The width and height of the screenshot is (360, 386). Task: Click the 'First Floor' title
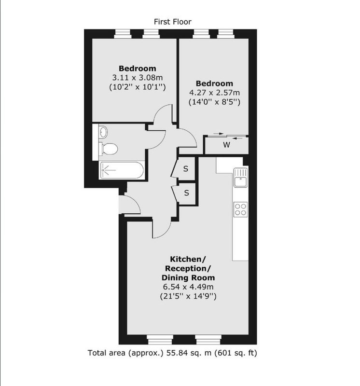[x=172, y=22]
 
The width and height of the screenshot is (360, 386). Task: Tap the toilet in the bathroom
[x=108, y=149]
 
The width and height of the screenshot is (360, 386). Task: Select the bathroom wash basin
[x=103, y=132]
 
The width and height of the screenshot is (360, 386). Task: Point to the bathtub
[x=122, y=170]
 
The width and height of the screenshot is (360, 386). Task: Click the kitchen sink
[x=241, y=178]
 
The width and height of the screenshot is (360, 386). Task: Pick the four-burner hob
[x=241, y=209]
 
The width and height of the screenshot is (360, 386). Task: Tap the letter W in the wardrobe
[x=226, y=145]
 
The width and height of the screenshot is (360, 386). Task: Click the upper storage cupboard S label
[x=186, y=169]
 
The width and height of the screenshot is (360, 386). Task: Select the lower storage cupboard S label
[x=186, y=193]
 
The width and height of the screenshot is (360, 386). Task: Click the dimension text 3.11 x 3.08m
[x=138, y=78]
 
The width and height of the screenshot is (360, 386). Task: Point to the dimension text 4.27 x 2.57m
[x=214, y=93]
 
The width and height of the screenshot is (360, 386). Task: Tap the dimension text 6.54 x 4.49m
[x=188, y=287]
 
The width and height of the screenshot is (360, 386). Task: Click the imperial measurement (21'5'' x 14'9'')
[x=188, y=296]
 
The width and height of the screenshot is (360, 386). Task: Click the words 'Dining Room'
[x=188, y=278]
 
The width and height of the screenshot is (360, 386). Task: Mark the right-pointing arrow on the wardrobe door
[x=218, y=134]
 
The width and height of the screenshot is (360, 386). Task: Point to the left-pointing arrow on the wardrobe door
[x=237, y=138]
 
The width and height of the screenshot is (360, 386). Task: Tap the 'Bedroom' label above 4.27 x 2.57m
[x=214, y=83]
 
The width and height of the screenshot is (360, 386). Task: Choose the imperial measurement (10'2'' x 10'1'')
[x=138, y=87]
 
